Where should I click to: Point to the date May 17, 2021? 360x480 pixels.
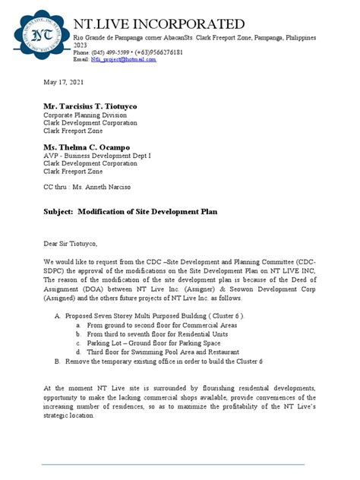pos(62,81)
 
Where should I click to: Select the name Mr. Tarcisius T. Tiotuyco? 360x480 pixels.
pos(96,106)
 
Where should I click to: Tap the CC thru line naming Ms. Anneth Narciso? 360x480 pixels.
pos(87,187)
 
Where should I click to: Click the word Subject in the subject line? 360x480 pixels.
pos(58,212)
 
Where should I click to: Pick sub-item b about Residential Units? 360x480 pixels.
pos(156,333)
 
